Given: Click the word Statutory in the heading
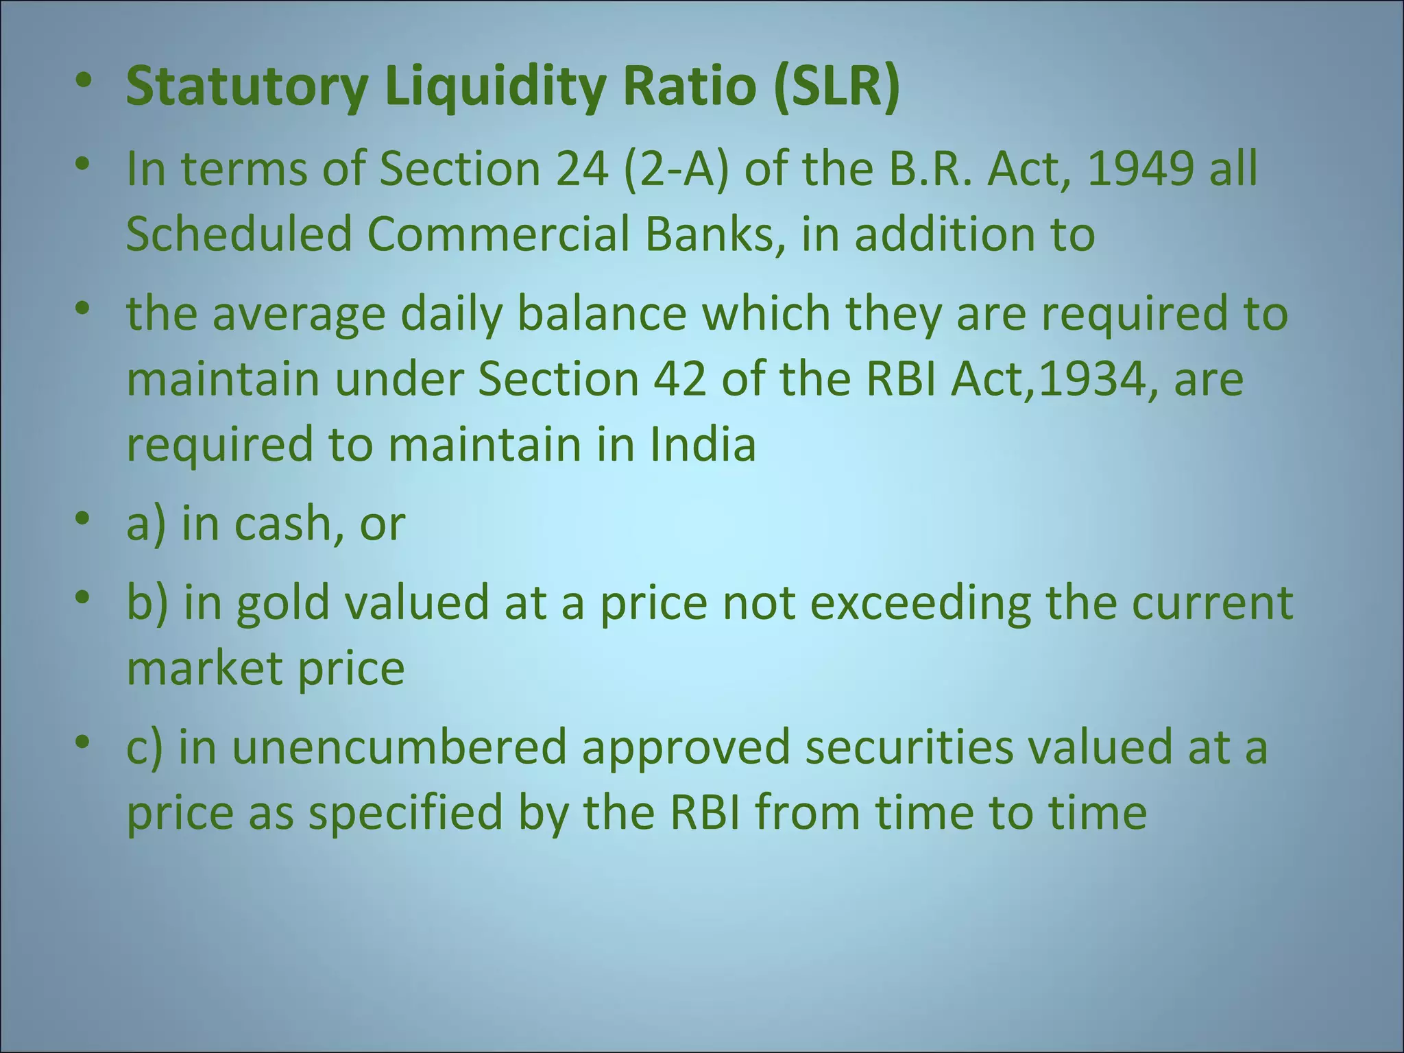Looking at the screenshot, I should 247,88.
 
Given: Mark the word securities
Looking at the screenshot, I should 908,748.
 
